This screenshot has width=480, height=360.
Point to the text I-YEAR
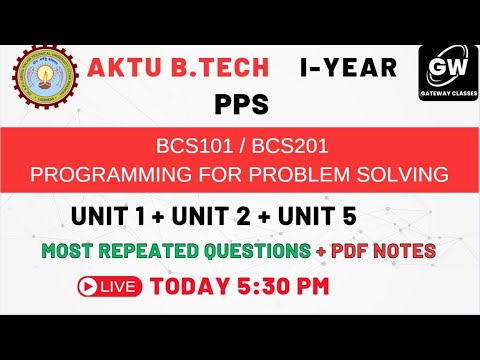point(348,68)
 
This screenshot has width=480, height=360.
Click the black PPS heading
point(241,103)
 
